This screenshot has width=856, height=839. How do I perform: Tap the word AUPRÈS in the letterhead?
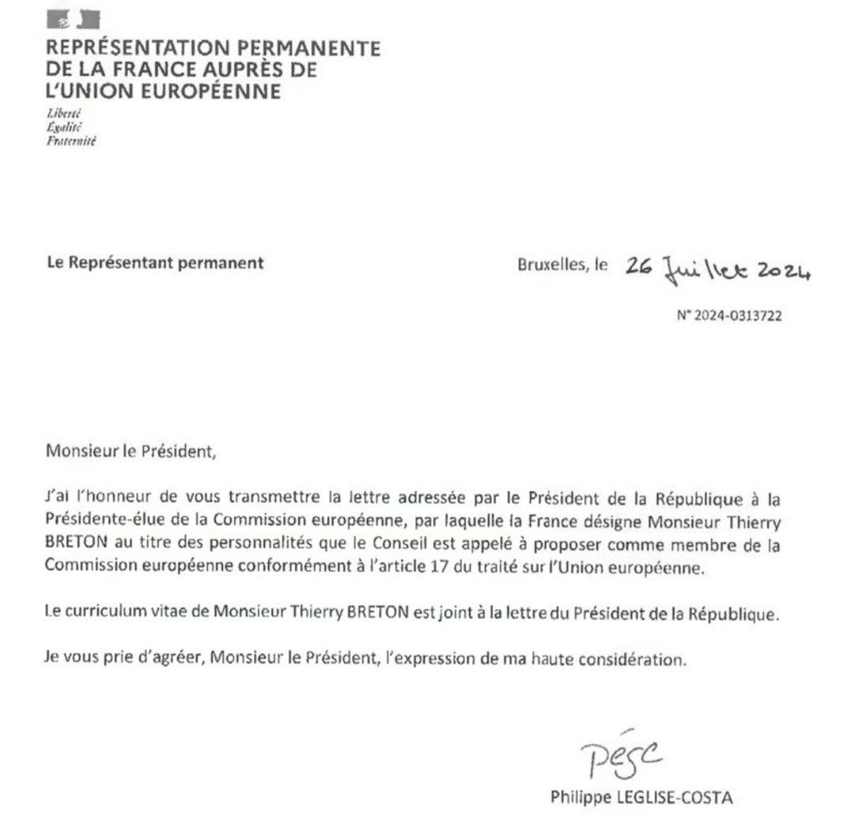242,70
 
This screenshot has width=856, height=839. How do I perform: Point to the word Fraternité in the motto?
72,141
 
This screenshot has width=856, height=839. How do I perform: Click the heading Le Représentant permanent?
155,262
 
